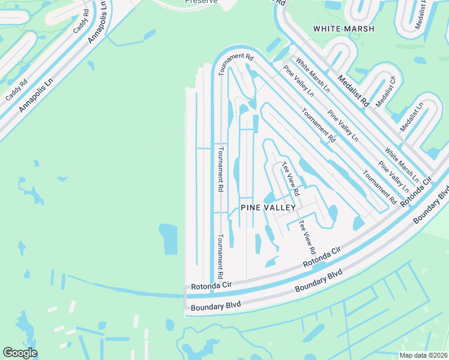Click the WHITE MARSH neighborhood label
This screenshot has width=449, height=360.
[x=343, y=29]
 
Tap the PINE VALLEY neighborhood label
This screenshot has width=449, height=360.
[x=268, y=208]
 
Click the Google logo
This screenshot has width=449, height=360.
[x=20, y=353]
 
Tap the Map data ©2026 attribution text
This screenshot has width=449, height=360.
[x=423, y=355]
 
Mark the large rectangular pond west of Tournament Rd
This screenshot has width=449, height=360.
[x=169, y=239]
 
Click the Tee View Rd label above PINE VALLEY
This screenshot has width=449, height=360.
[x=291, y=181]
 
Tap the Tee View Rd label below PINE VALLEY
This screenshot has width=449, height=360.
[x=307, y=238]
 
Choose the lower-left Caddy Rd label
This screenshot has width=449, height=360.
[x=16, y=90]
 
